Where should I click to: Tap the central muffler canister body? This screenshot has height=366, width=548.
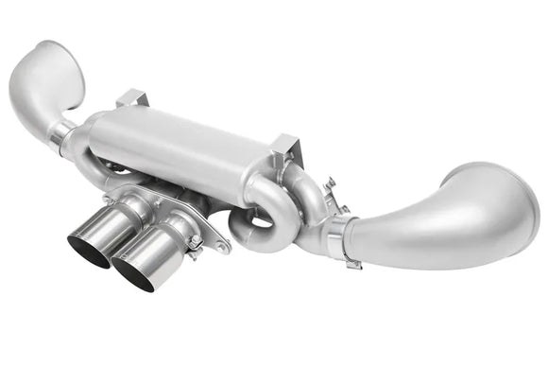189,147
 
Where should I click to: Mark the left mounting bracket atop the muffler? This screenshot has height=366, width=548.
131,98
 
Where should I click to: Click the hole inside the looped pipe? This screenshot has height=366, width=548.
258,223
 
